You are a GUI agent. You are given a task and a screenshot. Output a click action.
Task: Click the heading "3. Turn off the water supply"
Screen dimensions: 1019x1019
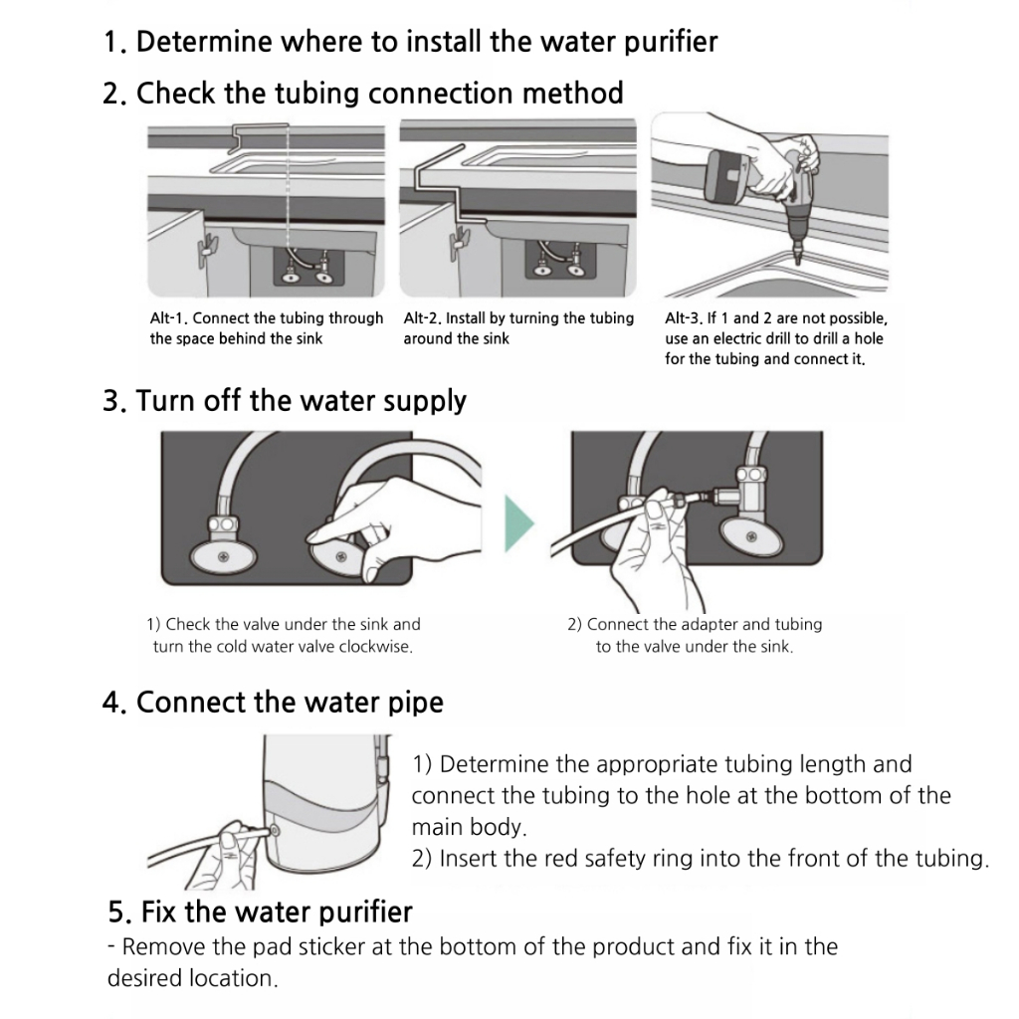285,401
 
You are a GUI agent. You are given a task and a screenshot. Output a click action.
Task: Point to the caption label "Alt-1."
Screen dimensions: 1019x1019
168,318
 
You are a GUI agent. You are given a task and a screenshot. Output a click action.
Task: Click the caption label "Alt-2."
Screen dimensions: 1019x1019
423,318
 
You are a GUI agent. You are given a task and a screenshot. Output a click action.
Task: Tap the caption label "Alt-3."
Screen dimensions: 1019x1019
685,319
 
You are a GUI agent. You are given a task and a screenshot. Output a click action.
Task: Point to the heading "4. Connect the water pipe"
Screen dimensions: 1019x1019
273,703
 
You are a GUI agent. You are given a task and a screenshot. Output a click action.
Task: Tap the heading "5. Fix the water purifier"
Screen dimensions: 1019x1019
260,912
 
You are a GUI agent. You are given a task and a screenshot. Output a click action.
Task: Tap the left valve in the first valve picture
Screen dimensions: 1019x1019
224,538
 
